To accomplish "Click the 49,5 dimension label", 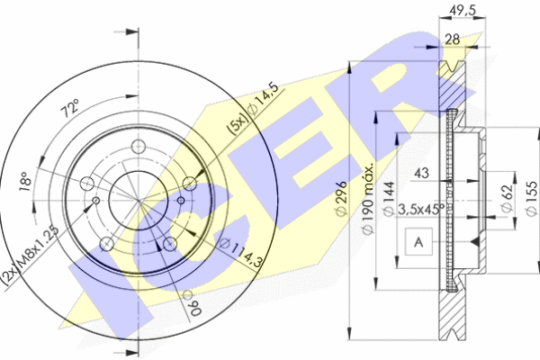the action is tap(463, 10).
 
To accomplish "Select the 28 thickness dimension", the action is tap(452, 40).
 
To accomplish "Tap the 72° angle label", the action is tap(70, 108).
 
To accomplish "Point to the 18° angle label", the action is tap(25, 182).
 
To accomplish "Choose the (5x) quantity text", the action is tap(238, 123).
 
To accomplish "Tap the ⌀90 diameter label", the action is tap(193, 303).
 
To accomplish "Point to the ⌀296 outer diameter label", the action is tap(341, 198).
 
